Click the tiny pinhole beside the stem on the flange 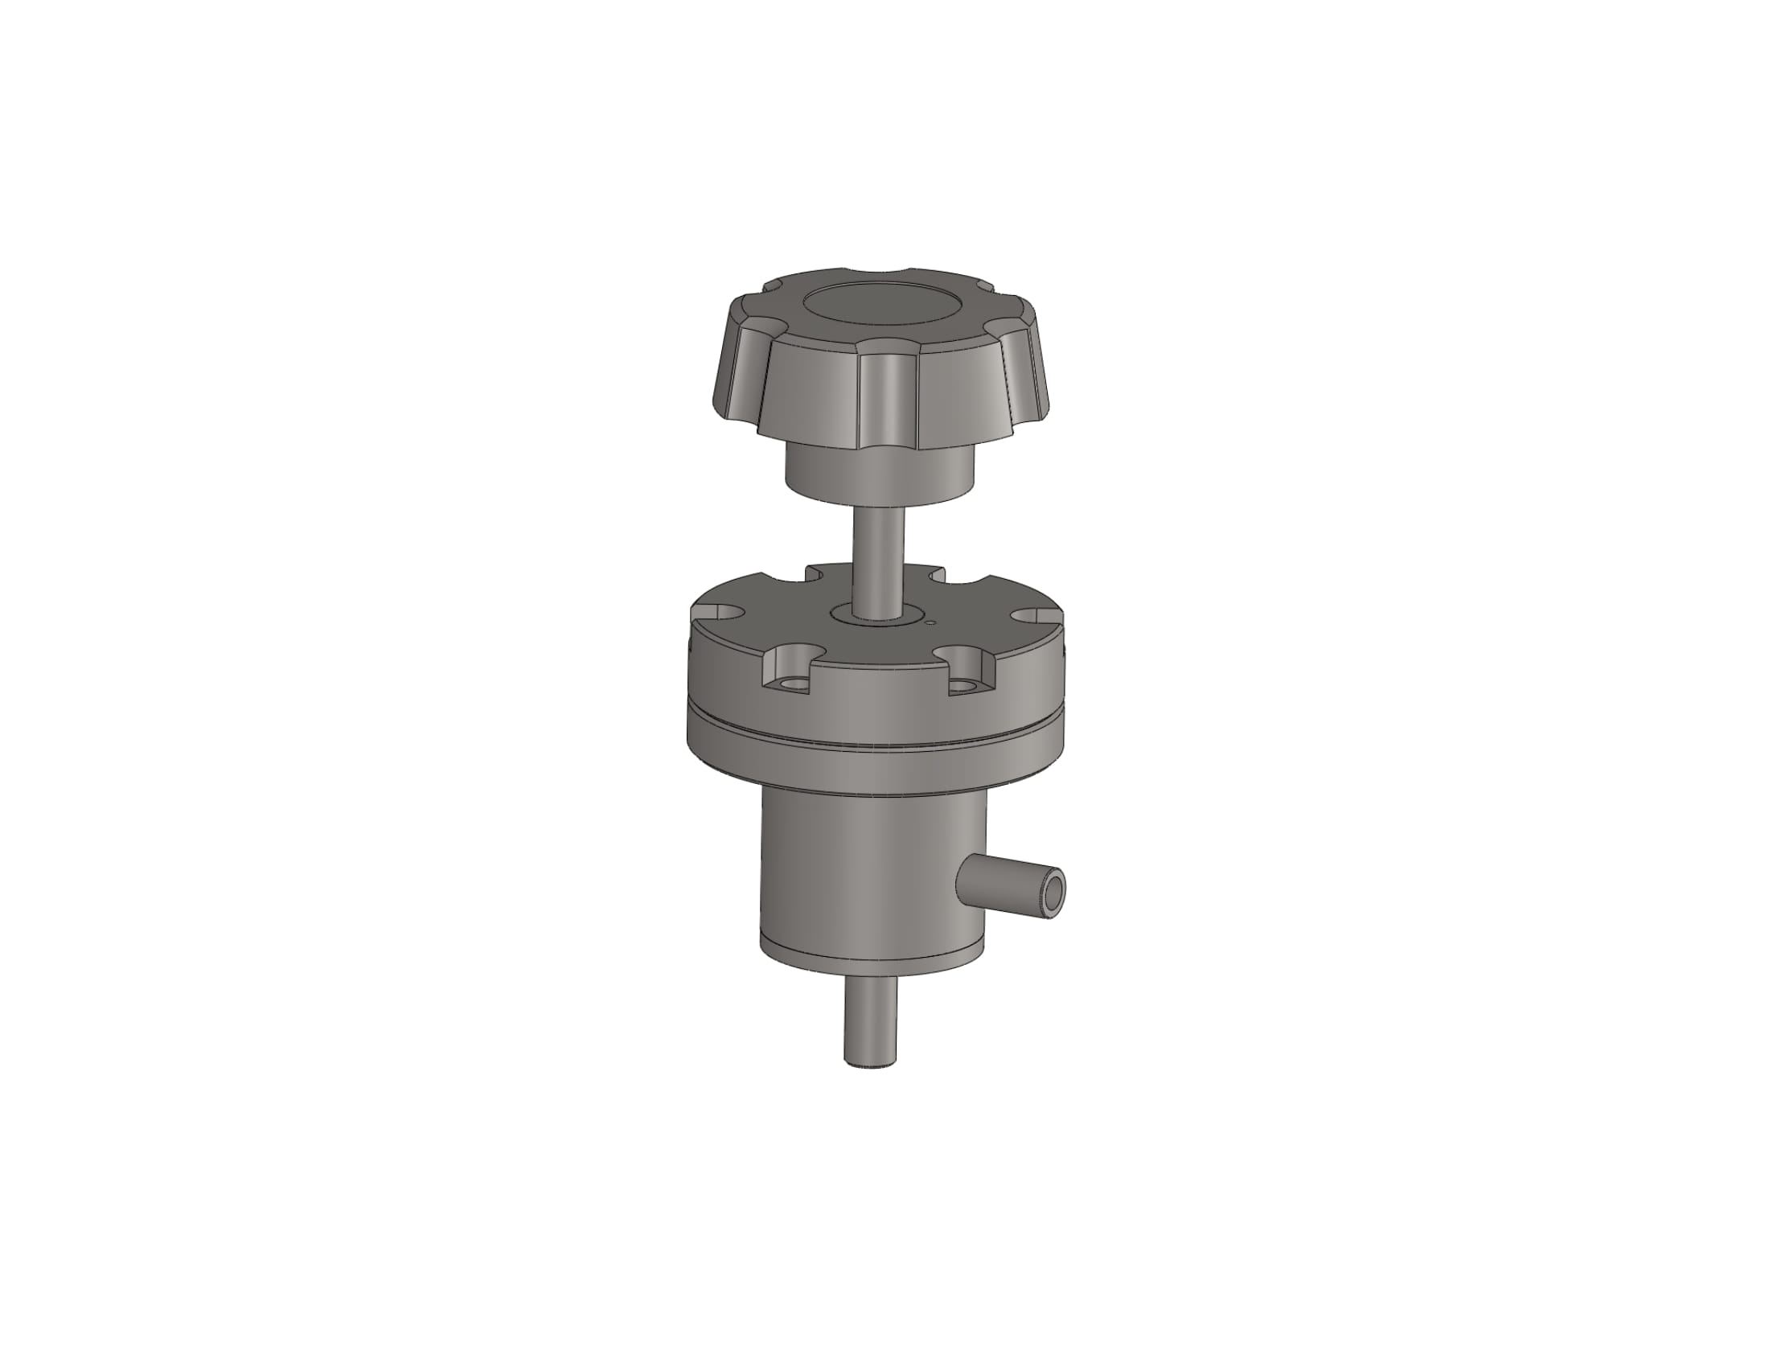click(930, 622)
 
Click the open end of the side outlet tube click(1054, 893)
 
